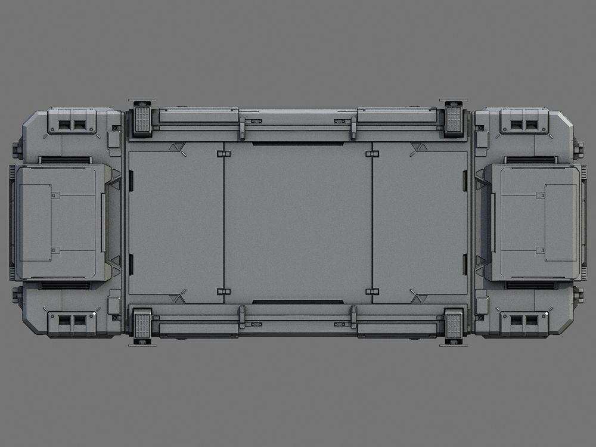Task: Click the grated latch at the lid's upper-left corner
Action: click(x=142, y=119)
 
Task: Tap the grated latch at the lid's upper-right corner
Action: click(x=454, y=119)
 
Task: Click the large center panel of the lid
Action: click(x=298, y=222)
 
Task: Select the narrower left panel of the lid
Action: click(x=176, y=222)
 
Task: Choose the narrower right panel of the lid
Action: click(x=420, y=222)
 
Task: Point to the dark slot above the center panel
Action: click(x=298, y=144)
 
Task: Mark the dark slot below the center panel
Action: click(x=298, y=302)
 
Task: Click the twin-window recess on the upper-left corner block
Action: click(x=72, y=125)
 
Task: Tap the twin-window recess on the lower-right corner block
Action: click(x=524, y=320)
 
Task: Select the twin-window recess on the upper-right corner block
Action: click(x=524, y=125)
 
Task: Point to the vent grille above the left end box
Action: click(x=65, y=160)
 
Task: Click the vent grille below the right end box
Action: click(x=531, y=285)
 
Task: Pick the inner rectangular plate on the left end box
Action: click(x=35, y=222)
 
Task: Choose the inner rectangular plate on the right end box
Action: click(x=561, y=222)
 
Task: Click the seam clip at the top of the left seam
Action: click(x=223, y=154)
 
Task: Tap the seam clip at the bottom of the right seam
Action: click(x=372, y=291)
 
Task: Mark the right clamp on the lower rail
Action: click(x=353, y=317)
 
